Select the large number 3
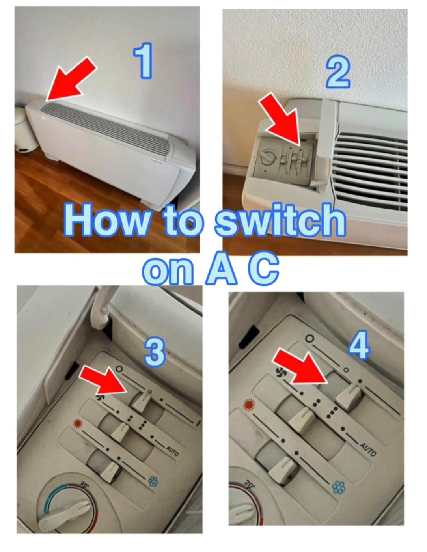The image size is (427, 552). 155,352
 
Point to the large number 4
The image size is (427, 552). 358,345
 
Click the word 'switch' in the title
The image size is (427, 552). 280,220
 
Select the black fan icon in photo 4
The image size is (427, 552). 281,373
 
